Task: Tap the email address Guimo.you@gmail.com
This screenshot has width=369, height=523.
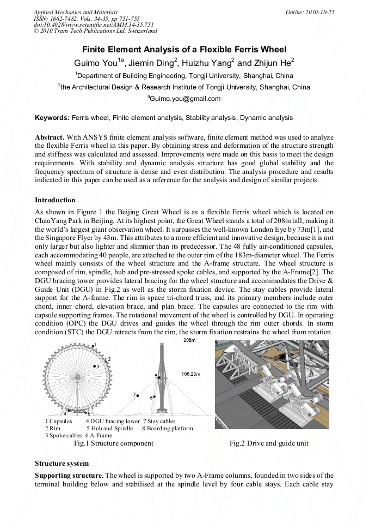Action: [x=184, y=99]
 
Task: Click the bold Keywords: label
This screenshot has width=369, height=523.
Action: [x=52, y=118]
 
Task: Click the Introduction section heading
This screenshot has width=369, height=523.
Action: [x=55, y=200]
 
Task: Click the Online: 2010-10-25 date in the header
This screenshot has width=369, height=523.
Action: [x=310, y=12]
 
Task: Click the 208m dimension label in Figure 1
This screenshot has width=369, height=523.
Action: [x=189, y=340]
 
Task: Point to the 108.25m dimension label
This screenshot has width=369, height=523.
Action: [x=190, y=375]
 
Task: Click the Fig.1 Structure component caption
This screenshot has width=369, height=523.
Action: [x=113, y=443]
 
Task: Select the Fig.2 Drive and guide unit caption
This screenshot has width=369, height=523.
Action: [x=269, y=443]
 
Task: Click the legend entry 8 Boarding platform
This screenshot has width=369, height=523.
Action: [x=168, y=429]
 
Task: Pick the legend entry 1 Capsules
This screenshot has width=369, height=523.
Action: [x=59, y=422]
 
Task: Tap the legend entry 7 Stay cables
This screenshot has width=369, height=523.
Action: [x=159, y=422]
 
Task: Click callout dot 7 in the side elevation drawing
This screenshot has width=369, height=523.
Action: [x=138, y=394]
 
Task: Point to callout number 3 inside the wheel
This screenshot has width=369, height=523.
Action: [x=97, y=366]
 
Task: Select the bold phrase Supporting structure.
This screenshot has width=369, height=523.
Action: [x=69, y=476]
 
